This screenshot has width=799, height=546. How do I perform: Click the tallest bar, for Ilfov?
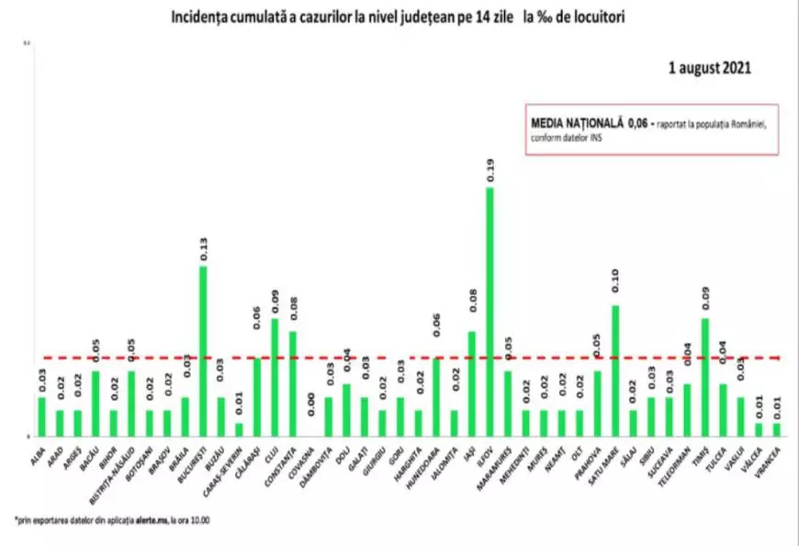pos(490,313)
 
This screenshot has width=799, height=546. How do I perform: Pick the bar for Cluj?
pos(275,377)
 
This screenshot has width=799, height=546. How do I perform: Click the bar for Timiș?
pos(704,377)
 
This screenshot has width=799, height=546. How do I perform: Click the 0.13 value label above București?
pos(203,250)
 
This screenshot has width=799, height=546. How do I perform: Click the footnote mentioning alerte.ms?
pos(119,520)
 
